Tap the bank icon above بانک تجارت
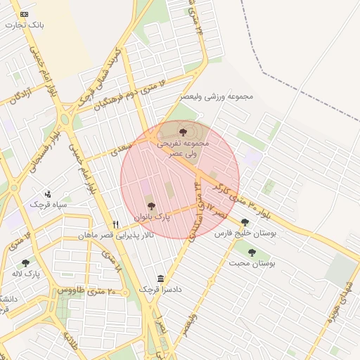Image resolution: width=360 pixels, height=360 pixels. pyautogui.click(x=25, y=14)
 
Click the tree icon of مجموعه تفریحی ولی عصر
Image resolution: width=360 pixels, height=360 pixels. pyautogui.click(x=184, y=131)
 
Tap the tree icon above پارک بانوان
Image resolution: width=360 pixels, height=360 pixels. pyautogui.click(x=151, y=205)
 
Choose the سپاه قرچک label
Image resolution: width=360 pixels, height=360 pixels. pyautogui.click(x=48, y=204)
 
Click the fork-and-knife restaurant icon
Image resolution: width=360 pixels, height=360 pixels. pyautogui.click(x=116, y=224)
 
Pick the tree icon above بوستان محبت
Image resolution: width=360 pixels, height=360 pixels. pyautogui.click(x=252, y=252)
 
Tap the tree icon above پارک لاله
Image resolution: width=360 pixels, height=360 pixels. pyautogui.click(x=25, y=263)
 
